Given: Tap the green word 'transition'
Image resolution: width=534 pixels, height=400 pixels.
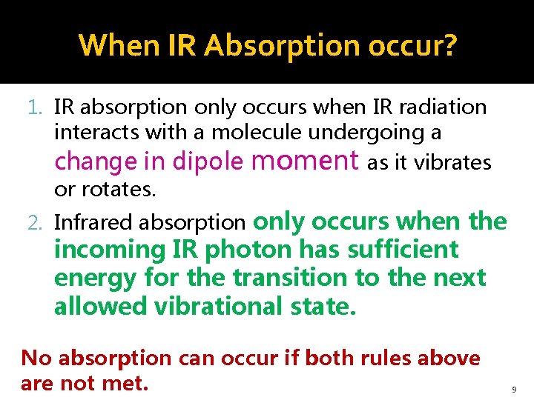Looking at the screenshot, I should point(289,278).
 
